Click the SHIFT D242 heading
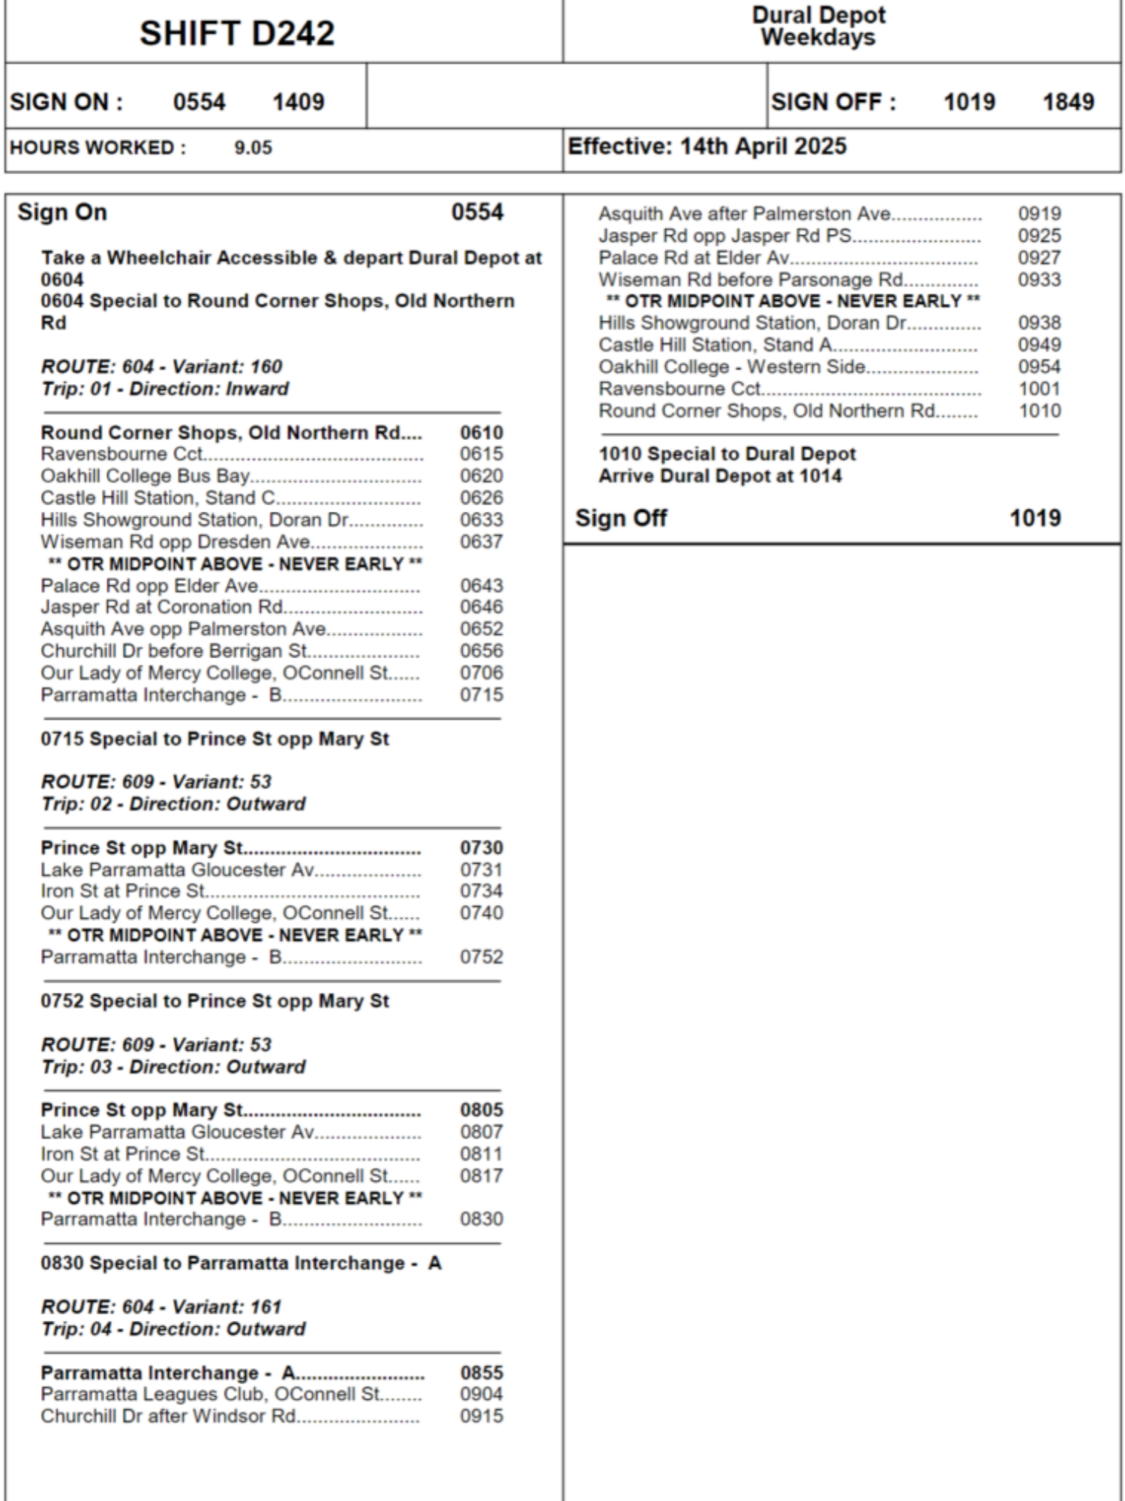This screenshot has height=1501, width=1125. [x=237, y=34]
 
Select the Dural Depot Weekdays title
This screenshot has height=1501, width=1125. [x=818, y=26]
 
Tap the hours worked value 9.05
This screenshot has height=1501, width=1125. [x=253, y=148]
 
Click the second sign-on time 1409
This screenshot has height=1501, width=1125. [x=298, y=102]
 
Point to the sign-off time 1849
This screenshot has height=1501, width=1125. [x=1068, y=102]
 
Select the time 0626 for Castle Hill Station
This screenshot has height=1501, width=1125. [x=481, y=498]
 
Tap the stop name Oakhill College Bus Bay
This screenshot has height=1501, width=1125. [x=145, y=477]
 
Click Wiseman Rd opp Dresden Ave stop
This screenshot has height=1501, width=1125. [x=175, y=542]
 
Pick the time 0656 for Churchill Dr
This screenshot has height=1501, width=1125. [x=481, y=651]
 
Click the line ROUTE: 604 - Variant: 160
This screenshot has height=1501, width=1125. [x=161, y=367]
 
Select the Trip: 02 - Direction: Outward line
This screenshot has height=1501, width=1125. [x=173, y=805]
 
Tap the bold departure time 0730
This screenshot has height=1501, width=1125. [x=481, y=848]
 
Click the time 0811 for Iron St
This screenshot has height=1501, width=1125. [x=481, y=1154]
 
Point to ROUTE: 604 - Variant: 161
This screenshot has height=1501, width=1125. [x=161, y=1307]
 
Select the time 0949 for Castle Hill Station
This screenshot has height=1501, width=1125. [x=1039, y=345]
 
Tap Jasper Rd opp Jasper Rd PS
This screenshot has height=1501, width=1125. [x=724, y=236]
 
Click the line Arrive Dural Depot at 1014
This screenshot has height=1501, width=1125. [x=720, y=477]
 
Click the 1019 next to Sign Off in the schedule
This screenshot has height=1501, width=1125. [x=1035, y=519]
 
